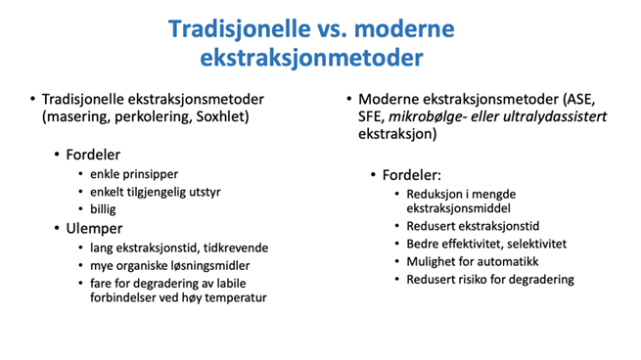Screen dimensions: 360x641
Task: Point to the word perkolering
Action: pyautogui.click(x=145, y=119)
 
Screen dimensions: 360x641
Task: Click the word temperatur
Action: pyautogui.click(x=230, y=297)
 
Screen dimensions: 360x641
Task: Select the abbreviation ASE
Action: pyautogui.click(x=572, y=100)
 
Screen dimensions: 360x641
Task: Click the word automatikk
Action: pyautogui.click(x=508, y=261)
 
